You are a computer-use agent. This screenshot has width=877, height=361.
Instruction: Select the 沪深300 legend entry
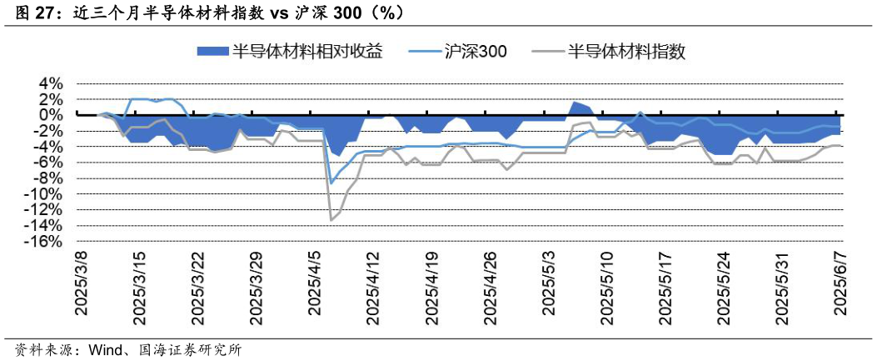[x=476, y=51]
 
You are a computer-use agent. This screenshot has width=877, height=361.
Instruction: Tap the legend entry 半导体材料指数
[x=626, y=51]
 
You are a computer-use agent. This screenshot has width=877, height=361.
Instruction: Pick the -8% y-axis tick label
[x=47, y=178]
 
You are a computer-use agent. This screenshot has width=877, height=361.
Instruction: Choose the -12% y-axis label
[x=43, y=210]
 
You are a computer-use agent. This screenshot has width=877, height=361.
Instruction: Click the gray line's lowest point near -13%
[x=331, y=219]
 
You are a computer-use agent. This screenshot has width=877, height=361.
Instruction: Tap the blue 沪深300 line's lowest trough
[x=331, y=183]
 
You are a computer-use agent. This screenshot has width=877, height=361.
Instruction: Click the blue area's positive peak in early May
[x=574, y=103]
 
